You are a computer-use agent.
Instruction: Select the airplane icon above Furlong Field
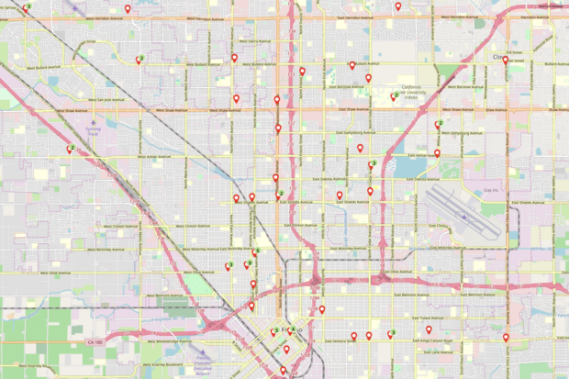tap(92, 119)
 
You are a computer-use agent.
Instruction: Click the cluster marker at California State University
tap(395, 96)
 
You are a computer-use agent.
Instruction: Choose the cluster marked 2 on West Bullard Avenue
tap(139, 60)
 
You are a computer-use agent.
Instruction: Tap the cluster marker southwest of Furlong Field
tap(70, 149)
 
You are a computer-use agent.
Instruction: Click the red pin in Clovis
tap(505, 61)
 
